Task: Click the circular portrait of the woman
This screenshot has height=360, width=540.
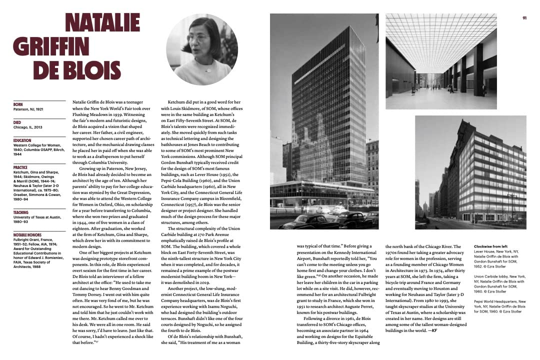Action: coord(202,49)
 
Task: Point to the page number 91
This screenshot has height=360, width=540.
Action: coord(525,18)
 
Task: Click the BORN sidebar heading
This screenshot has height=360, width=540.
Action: coord(18,104)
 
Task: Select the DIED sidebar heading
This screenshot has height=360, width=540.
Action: coord(18,122)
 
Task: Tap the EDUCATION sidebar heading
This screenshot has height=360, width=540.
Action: coord(22,140)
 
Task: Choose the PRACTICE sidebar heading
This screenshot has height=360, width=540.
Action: coord(21,167)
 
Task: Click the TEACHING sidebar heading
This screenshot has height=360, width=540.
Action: coord(21,212)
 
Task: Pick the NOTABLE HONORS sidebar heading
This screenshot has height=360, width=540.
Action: coord(27,234)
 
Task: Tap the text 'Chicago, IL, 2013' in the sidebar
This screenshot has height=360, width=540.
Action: coord(28,127)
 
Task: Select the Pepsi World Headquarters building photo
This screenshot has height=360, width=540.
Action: coord(470,172)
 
